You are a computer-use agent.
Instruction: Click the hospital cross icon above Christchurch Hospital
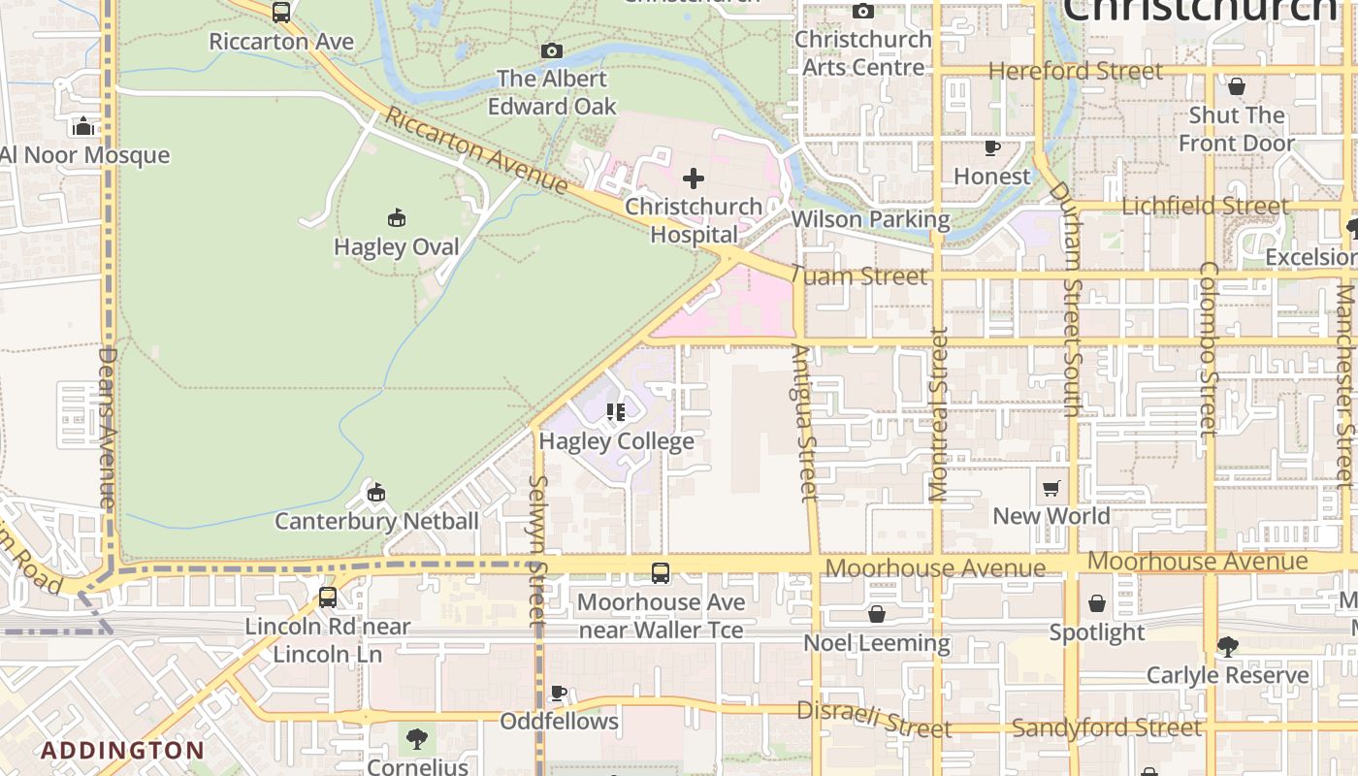click(694, 178)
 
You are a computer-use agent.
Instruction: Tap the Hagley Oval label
click(396, 246)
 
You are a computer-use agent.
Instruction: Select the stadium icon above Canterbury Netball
click(376, 493)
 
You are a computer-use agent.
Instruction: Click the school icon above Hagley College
click(616, 412)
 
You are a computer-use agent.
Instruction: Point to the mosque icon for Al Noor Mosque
click(82, 126)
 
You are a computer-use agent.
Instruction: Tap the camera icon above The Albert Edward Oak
click(552, 50)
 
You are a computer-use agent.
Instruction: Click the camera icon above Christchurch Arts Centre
click(862, 12)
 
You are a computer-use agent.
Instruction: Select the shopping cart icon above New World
click(1051, 488)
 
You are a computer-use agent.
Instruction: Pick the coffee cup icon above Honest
click(992, 148)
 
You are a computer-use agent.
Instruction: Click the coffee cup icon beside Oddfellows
click(559, 693)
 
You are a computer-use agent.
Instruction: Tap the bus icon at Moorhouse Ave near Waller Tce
click(661, 573)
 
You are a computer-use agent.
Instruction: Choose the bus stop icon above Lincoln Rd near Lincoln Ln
click(328, 598)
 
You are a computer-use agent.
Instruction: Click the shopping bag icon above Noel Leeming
click(877, 614)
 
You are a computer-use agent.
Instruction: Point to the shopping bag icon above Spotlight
click(1097, 604)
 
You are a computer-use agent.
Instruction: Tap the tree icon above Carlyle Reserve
click(1227, 646)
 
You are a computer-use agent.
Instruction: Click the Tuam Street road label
click(858, 276)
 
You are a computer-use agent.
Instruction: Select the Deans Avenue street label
click(107, 427)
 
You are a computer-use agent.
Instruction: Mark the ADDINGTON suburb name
click(122, 750)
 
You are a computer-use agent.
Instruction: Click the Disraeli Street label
click(873, 719)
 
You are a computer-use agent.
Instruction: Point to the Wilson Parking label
click(870, 219)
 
